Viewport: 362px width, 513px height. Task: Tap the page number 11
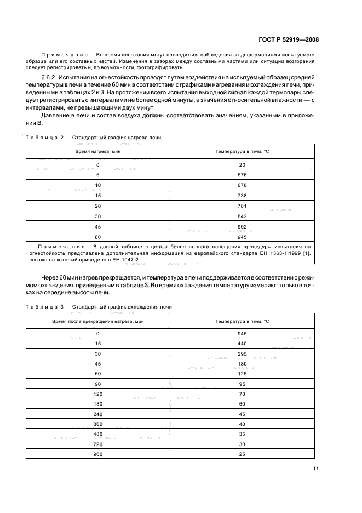tap(316, 469)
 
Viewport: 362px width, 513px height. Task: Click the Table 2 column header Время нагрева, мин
tap(97, 151)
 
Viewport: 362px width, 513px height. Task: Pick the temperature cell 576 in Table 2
tap(243, 174)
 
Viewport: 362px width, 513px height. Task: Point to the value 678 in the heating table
tap(243, 185)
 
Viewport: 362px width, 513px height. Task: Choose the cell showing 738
tap(243, 195)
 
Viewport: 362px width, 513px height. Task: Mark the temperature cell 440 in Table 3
tap(243, 344)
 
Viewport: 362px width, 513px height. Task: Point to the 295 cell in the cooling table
tap(243, 354)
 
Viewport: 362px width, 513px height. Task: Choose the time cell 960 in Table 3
tap(97, 454)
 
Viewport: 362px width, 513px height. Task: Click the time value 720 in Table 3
tap(97, 444)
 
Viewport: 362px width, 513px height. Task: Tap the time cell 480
tap(97, 434)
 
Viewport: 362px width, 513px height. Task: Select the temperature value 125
tap(243, 374)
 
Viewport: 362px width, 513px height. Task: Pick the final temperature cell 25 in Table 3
tap(243, 454)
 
